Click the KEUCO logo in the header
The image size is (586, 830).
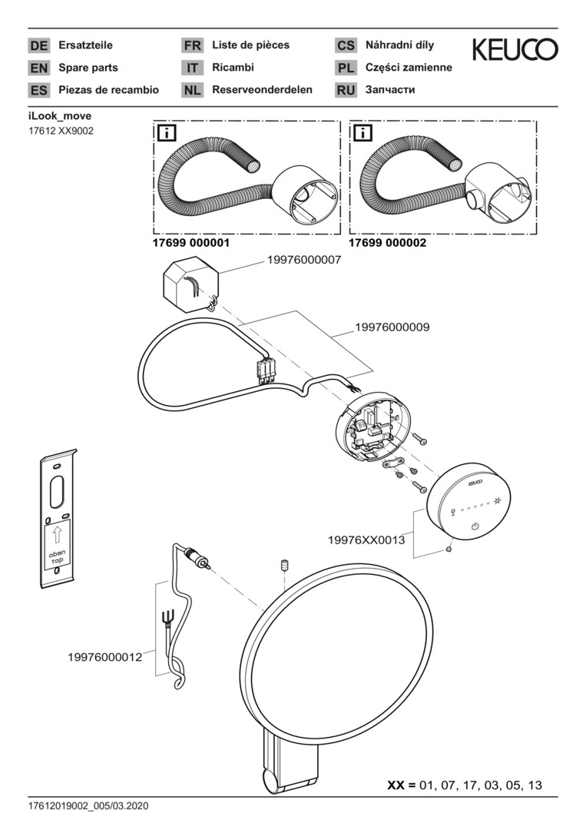[515, 51]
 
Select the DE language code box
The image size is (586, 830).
[38, 45]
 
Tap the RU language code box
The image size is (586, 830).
[346, 90]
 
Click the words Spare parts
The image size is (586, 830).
[88, 68]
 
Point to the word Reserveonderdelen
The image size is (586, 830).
[262, 90]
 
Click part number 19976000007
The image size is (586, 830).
[304, 261]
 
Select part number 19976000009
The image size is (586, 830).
[392, 327]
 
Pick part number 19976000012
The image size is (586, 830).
[105, 657]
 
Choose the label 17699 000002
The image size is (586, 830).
[388, 242]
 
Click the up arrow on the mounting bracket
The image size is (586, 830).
[57, 535]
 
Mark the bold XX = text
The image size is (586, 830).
[401, 785]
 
